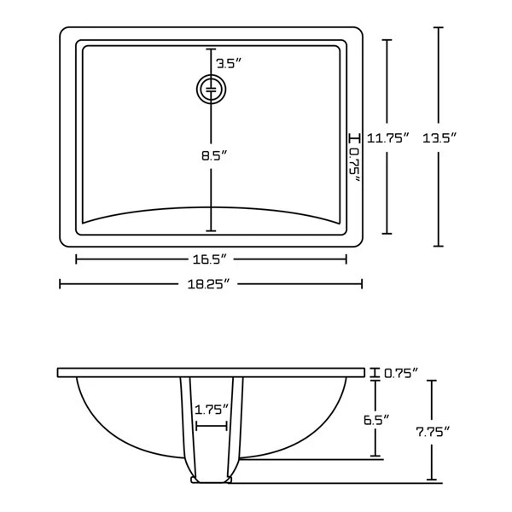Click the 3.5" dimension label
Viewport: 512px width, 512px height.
pos(227,63)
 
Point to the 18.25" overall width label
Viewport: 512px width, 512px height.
pos(211,284)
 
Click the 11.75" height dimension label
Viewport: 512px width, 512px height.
pos(388,137)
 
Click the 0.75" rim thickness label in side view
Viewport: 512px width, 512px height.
pos(400,373)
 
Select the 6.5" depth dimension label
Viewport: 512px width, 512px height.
pos(375,419)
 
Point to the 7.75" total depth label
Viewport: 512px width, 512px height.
pos(433,431)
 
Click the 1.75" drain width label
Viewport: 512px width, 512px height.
pos(211,409)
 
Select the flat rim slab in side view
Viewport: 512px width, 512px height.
pos(211,373)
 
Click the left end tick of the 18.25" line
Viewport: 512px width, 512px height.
pos(60,284)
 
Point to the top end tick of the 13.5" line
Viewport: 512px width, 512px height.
pos(439,27)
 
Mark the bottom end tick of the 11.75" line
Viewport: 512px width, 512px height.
pos(388,233)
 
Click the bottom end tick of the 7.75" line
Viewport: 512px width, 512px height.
pos(433,481)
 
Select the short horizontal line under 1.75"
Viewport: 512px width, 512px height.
pos(211,424)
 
